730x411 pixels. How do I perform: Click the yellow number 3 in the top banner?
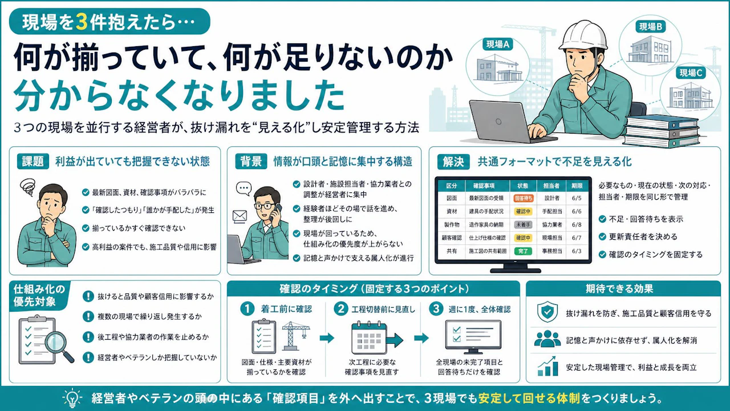[x=82, y=22]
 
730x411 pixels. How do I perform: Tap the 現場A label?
[x=498, y=44]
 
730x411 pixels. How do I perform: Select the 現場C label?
[x=691, y=72]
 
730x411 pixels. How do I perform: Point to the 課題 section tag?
[x=33, y=161]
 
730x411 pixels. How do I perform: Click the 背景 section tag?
[x=251, y=161]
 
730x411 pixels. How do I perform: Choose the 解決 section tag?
[x=453, y=162]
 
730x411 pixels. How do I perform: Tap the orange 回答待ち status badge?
[x=523, y=198]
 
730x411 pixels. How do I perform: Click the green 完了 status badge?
[x=523, y=251]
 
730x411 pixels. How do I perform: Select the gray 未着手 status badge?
[x=523, y=224]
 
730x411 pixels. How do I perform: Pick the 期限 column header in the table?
[x=577, y=186]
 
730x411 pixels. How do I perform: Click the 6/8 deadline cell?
[x=577, y=224]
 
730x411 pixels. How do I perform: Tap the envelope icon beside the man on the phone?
[x=240, y=216]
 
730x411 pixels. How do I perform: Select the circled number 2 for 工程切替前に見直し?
[x=341, y=309]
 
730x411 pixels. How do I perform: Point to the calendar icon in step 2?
[x=369, y=338]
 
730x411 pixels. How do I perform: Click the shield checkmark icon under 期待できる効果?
[x=547, y=312]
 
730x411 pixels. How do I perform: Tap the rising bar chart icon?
[x=546, y=366]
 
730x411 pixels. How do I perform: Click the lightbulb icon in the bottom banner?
[x=72, y=398]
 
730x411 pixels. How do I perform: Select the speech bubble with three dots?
[x=244, y=188]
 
